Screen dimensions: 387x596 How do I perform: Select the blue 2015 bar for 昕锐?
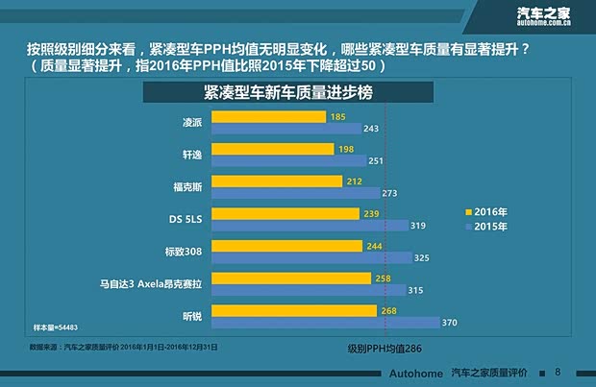click(325, 322)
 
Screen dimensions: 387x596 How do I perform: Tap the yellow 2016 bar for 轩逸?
click(273, 149)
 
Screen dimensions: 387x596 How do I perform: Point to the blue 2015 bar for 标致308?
click(310, 257)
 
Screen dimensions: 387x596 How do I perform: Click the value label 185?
click(337, 116)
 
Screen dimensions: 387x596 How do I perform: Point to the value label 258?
click(383, 278)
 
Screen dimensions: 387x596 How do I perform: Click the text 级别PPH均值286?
click(385, 351)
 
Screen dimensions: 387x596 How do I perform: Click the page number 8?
click(559, 371)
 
